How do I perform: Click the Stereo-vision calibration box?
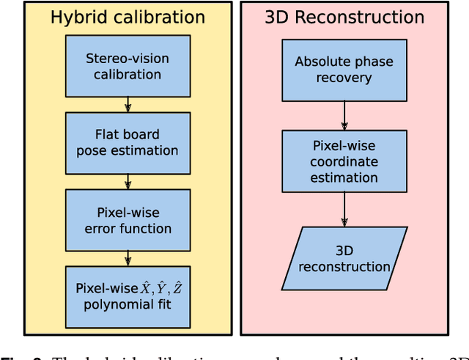128,65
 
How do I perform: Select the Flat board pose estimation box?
128,142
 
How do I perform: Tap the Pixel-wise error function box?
128,220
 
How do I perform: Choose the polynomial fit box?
128,297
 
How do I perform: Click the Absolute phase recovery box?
344,69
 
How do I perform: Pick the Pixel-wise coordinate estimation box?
344,161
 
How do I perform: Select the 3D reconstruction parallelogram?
344,257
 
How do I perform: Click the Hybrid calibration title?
128,18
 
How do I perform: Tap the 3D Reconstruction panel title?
344,18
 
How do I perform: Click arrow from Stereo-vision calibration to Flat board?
128,103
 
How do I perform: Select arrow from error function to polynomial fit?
128,258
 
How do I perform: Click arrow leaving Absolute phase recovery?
344,115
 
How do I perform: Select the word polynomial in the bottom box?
113,304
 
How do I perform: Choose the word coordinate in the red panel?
344,162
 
